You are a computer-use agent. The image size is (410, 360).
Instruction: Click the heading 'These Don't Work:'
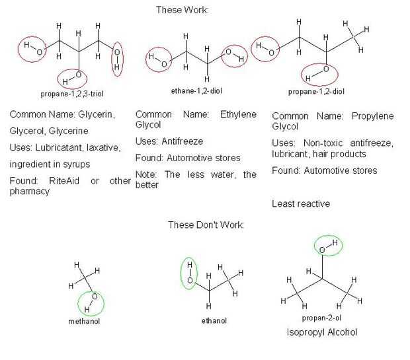click(x=206, y=225)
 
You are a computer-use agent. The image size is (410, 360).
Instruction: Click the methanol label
click(x=83, y=321)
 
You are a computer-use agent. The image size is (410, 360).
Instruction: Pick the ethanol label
click(x=214, y=320)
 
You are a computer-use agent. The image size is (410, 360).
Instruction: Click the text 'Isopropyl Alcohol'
click(x=322, y=332)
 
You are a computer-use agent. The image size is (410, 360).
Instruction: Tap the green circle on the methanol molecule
click(x=91, y=303)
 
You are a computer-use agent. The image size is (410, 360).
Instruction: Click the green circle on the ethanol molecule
click(x=189, y=272)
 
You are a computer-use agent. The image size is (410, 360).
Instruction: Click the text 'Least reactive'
click(x=301, y=203)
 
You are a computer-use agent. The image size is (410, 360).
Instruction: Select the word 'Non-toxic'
click(x=325, y=143)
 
